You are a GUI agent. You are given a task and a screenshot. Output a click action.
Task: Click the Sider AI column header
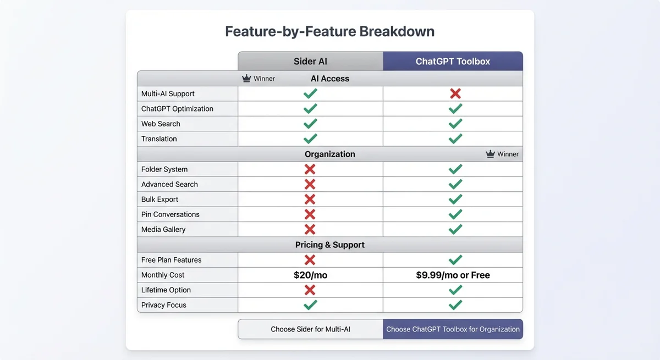[310, 61]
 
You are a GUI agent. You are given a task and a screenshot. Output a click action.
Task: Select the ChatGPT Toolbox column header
[453, 61]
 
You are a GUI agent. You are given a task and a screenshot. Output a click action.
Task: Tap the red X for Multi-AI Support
[455, 93]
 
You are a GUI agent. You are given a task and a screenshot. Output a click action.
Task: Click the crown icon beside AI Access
[247, 79]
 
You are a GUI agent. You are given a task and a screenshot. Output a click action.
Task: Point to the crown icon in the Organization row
[491, 154]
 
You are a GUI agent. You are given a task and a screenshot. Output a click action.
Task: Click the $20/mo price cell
[310, 275]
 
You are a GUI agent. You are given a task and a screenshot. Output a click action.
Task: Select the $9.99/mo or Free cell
[453, 275]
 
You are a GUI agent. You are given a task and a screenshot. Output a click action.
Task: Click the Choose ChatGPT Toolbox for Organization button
[453, 329]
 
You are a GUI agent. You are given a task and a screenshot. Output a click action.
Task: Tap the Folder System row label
[164, 169]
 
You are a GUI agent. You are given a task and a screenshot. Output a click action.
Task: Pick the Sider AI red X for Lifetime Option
[310, 290]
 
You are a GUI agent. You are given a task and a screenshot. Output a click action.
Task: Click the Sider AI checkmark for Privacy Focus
[310, 304]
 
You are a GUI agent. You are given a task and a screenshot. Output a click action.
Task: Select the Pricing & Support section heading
[329, 245]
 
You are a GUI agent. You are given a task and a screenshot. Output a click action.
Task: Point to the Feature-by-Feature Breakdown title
[329, 31]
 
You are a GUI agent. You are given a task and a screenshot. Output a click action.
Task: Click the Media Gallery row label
[163, 229]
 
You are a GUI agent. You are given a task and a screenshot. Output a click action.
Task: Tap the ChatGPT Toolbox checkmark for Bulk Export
[455, 199]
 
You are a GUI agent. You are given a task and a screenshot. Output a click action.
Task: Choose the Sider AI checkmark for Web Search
[310, 124]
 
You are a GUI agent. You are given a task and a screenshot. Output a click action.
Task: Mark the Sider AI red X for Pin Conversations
[310, 214]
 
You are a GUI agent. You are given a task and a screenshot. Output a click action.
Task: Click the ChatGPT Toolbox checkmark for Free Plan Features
[455, 259]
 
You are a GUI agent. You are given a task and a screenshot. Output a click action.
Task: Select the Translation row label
[159, 139]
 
